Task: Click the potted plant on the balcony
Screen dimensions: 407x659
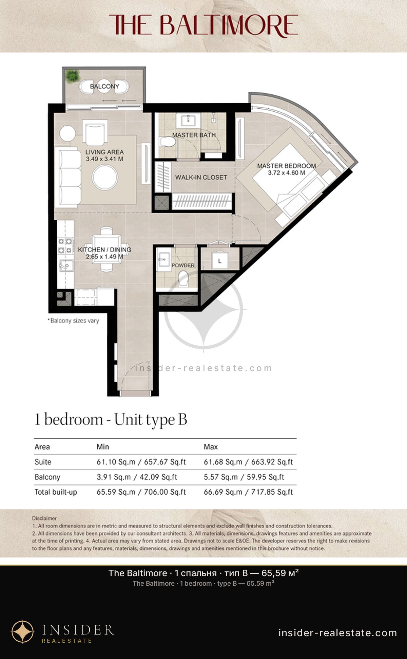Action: [72, 76]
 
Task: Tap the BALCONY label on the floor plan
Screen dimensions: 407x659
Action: [104, 86]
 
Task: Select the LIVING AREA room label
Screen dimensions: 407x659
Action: [104, 152]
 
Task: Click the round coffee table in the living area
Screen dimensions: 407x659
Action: [105, 177]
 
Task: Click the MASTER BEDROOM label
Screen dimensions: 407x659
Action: [287, 166]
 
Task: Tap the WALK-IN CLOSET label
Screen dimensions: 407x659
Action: [201, 177]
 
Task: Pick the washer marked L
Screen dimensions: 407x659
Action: [220, 261]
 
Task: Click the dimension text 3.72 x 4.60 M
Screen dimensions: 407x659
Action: [287, 173]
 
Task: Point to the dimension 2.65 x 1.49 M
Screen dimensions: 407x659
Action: [104, 257]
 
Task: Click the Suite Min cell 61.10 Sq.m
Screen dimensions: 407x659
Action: [116, 462]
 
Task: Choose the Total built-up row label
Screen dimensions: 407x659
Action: [56, 492]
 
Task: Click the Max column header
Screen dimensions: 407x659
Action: [211, 447]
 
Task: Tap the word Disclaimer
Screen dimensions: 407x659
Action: [44, 518]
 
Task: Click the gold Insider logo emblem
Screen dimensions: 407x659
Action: [23, 631]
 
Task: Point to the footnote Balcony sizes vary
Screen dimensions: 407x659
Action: [73, 321]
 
